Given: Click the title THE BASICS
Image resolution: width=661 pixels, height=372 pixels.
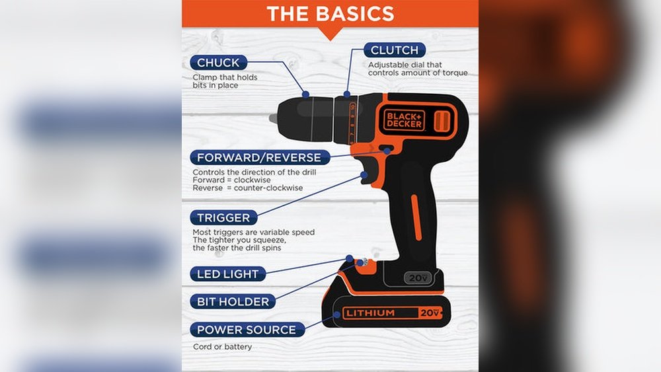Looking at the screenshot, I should [x=330, y=13].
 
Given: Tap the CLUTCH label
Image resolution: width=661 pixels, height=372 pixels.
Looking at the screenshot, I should [x=394, y=50].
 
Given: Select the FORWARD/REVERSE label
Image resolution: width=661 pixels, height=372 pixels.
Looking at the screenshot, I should [x=259, y=158].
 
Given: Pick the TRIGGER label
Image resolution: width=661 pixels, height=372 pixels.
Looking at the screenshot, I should [x=223, y=217].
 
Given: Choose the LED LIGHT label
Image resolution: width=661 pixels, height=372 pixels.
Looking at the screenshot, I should [x=228, y=274].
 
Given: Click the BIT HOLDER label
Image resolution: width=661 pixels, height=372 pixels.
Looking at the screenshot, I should [x=233, y=301].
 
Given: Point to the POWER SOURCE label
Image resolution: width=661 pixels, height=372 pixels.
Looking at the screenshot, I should [x=247, y=329].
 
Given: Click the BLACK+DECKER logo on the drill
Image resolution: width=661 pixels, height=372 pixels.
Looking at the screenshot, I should [x=404, y=120].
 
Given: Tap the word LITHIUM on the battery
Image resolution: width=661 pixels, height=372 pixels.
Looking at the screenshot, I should [x=370, y=313].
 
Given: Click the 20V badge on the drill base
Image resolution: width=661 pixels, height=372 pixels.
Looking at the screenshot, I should [x=418, y=278].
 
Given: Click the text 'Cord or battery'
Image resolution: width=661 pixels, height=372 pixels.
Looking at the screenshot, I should [x=222, y=346].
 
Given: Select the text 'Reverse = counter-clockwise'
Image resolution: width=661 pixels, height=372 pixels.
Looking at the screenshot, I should [x=247, y=188].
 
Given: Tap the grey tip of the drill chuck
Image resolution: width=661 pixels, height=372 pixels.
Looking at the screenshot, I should [x=273, y=118].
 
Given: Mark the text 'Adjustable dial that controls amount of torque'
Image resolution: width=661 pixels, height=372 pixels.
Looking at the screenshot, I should [x=417, y=69].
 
